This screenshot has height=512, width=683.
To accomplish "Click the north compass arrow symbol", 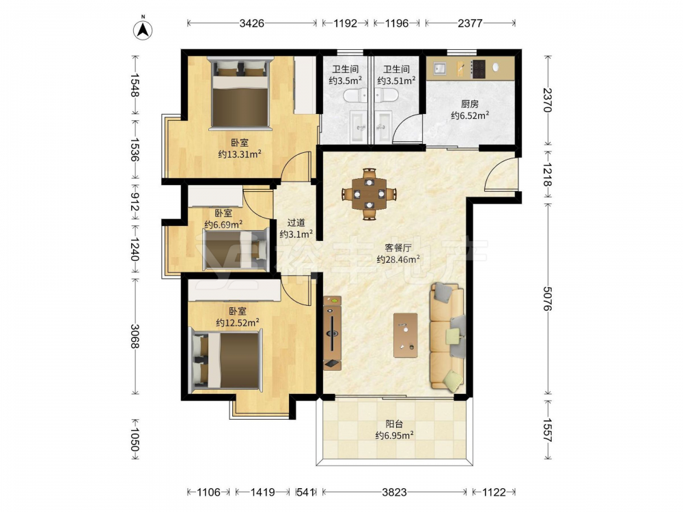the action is [143, 29].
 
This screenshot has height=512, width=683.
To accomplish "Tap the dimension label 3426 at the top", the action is [252, 23].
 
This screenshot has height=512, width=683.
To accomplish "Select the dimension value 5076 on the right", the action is [548, 298].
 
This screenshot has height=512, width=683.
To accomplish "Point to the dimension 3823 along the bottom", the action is [394, 492].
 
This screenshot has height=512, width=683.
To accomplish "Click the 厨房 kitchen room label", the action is [470, 104].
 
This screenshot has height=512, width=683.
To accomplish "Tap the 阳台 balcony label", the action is [394, 424].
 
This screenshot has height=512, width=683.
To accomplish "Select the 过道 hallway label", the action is [296, 223].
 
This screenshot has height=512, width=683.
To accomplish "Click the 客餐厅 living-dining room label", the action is [398, 248].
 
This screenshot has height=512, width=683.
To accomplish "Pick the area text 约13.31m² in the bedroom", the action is [240, 154].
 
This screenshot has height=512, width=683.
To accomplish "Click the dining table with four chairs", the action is [370, 194].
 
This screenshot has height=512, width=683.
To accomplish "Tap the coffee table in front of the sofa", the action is [405, 335].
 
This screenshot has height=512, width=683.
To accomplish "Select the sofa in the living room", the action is [447, 336].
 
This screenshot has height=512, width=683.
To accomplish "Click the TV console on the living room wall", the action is [333, 333].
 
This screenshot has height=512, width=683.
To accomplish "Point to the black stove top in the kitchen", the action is [478, 69].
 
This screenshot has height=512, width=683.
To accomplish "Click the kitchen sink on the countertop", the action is [439, 68].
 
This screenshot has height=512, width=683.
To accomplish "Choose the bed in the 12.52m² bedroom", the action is [227, 360].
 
